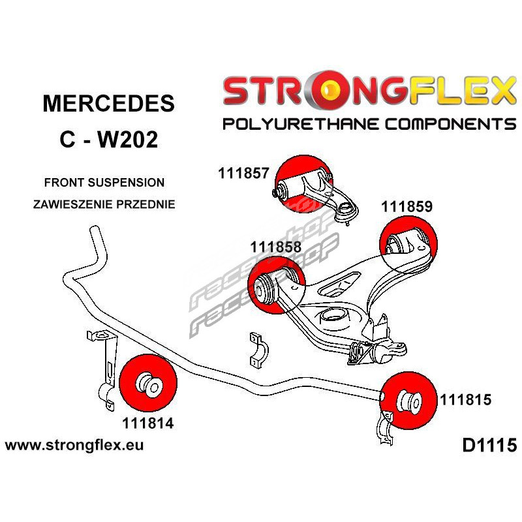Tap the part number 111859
(x=407, y=207)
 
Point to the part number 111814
(x=147, y=423)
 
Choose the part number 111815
(x=466, y=398)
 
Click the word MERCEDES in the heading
(x=108, y=104)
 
